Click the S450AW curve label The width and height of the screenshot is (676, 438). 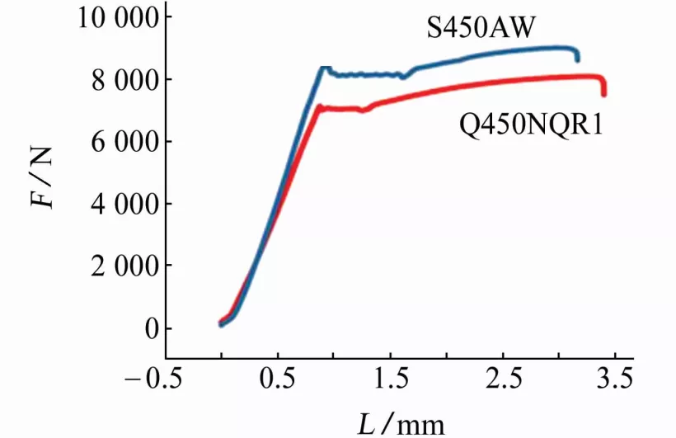tap(482, 30)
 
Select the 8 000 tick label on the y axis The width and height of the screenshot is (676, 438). tap(126, 80)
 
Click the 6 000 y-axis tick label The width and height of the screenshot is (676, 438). tap(126, 142)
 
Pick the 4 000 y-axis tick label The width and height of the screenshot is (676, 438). tap(126, 205)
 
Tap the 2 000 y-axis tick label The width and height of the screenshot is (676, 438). tap(126, 266)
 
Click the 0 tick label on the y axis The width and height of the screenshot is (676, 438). tap(150, 329)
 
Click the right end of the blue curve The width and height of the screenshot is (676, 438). tap(577, 59)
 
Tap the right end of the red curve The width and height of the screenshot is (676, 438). tap(603, 94)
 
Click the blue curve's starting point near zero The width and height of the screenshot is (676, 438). tap(221, 324)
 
